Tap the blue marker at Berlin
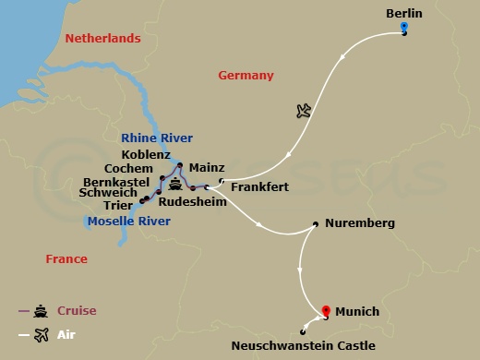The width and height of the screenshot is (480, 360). click(404, 29)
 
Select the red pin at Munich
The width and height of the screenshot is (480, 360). click(325, 311)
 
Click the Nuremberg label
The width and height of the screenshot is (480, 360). click(361, 223)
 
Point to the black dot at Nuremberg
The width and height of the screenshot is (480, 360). click(317, 223)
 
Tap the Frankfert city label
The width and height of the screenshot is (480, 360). click(259, 187)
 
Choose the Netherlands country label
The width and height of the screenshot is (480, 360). click(102, 39)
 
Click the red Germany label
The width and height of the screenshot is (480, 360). click(246, 76)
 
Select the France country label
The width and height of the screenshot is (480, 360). click(66, 259)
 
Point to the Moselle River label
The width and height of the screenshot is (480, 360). click(128, 222)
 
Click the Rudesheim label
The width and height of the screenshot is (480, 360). click(192, 200)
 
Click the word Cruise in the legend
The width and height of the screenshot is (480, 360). click(77, 310)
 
